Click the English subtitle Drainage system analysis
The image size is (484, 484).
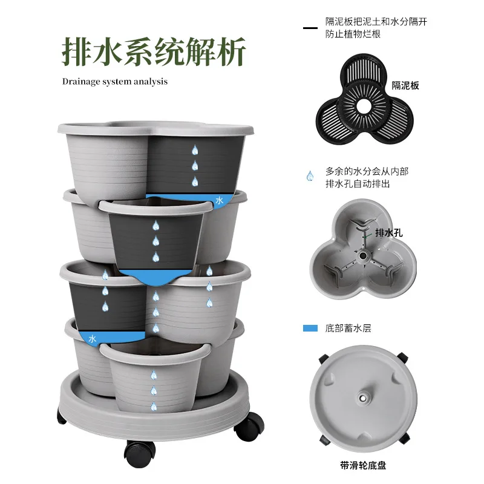click(x=115, y=81)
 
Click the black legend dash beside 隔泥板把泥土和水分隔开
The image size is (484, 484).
click(x=310, y=28)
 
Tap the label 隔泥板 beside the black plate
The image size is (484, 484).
click(x=405, y=86)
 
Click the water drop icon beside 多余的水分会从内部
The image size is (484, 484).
click(x=310, y=176)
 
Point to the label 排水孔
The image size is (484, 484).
click(x=389, y=232)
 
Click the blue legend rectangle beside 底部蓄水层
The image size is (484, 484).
click(x=310, y=329)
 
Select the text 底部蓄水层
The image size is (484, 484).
click(x=348, y=329)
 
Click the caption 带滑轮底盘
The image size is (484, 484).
click(x=363, y=465)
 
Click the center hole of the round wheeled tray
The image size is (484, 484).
click(x=363, y=400)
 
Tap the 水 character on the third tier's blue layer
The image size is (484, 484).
click(x=93, y=339)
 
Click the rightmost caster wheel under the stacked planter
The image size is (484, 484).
click(x=249, y=427)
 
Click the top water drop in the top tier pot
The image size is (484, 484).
click(x=195, y=150)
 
